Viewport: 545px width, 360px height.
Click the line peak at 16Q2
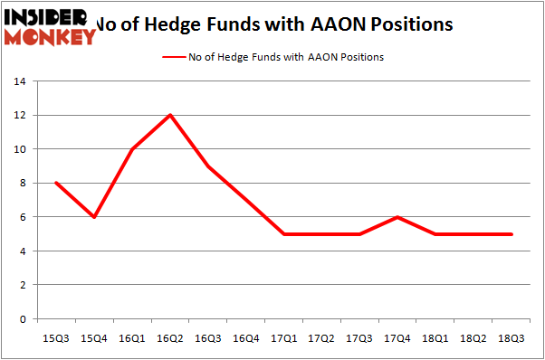click(170, 115)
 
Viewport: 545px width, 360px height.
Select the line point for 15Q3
click(56, 183)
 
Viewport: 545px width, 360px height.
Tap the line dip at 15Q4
click(94, 217)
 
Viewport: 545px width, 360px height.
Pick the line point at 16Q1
click(132, 149)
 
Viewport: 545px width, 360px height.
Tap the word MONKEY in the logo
click(51, 37)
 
